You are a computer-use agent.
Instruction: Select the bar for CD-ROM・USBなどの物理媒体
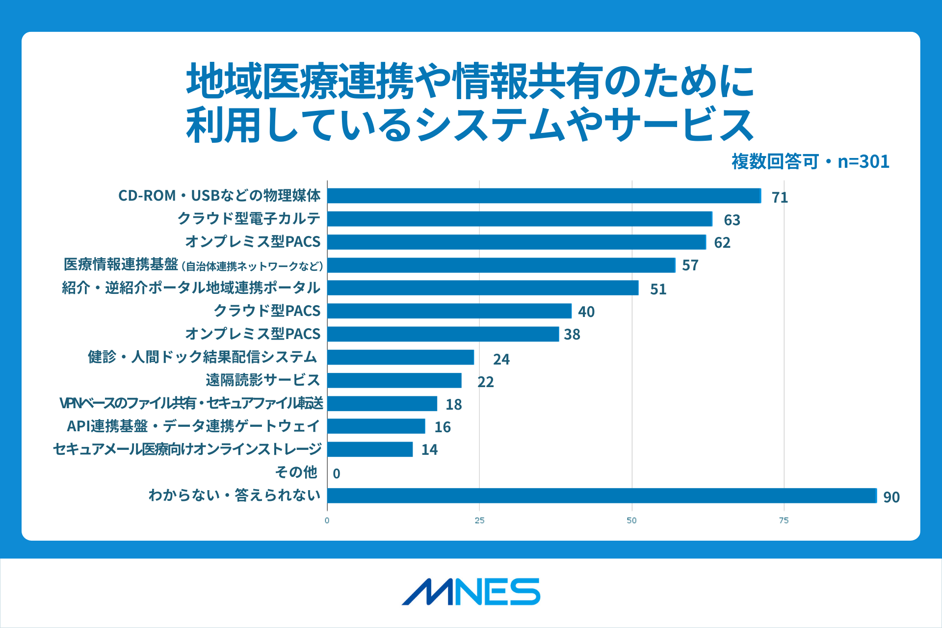click(544, 196)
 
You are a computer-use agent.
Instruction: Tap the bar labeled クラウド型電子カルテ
click(520, 219)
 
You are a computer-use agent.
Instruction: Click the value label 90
click(891, 497)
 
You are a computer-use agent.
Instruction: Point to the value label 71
click(780, 197)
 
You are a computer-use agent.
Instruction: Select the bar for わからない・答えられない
click(602, 496)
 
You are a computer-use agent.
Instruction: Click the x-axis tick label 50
click(631, 521)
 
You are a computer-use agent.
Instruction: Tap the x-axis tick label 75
click(784, 521)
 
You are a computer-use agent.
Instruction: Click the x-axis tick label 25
click(479, 521)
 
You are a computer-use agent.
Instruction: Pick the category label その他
click(296, 472)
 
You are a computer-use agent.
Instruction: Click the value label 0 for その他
click(337, 473)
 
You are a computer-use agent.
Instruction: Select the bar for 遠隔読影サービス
click(394, 380)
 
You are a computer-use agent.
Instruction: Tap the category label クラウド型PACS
click(267, 311)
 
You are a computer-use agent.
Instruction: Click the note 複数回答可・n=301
click(810, 161)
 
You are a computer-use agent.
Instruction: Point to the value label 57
click(690, 265)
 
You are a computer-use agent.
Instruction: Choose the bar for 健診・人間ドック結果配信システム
click(400, 357)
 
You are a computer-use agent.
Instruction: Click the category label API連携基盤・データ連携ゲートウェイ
click(193, 426)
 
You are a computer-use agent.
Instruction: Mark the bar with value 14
click(370, 449)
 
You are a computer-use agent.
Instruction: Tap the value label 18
click(453, 404)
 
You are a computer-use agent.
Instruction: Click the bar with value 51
click(483, 288)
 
